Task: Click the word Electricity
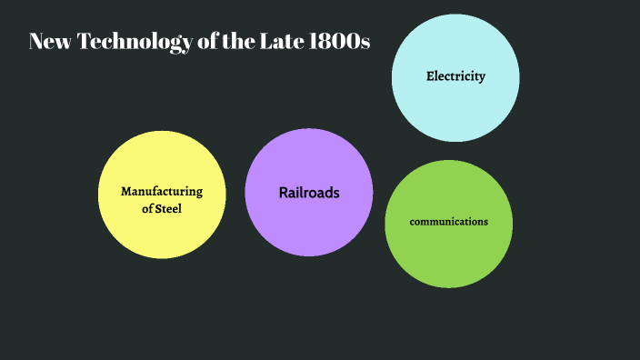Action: click(455, 76)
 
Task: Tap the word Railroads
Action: click(309, 193)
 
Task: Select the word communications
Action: click(449, 222)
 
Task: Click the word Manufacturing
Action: click(162, 192)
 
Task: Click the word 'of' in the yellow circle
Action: click(147, 210)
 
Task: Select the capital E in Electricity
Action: click(430, 76)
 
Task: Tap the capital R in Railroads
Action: click(284, 193)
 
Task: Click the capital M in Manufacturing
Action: click(126, 192)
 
